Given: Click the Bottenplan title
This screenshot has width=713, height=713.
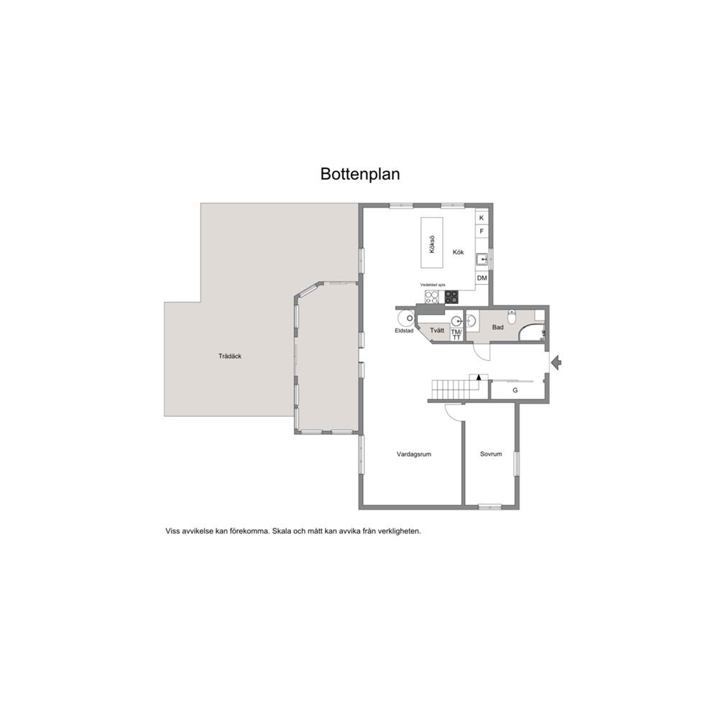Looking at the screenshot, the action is (x=360, y=174).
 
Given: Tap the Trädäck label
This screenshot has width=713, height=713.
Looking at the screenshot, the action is (x=229, y=356).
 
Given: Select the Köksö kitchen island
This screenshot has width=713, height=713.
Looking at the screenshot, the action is (x=432, y=243).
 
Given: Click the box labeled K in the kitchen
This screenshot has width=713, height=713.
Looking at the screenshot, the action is (x=482, y=218).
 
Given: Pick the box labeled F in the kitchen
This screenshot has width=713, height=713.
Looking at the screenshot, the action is (x=482, y=231).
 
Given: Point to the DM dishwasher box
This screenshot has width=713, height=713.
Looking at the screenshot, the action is (x=482, y=278).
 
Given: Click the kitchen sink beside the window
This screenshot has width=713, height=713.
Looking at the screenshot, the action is (x=482, y=259).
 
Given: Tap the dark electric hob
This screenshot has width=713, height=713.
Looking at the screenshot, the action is (x=451, y=297).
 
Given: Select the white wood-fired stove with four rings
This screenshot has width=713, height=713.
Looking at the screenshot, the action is (x=432, y=297).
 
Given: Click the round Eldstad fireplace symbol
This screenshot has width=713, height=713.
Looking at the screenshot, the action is (x=405, y=318).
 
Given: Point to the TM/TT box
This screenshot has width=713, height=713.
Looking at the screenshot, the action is (x=456, y=334).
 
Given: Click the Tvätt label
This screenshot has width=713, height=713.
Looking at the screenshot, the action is (x=437, y=330).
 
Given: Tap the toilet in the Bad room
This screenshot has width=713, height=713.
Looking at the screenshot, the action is (x=512, y=316).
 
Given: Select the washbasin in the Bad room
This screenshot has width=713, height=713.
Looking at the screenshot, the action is (x=471, y=321).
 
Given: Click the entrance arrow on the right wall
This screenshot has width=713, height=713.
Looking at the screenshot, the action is (x=556, y=362).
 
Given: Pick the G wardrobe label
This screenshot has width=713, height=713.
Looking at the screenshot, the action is (x=515, y=390).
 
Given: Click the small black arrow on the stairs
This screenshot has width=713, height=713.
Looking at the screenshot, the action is (x=479, y=377).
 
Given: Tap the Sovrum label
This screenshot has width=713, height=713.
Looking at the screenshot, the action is (x=491, y=454).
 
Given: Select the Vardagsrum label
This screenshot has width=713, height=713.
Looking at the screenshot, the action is (x=414, y=454).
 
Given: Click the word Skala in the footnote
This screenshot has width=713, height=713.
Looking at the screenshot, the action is (x=282, y=530).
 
